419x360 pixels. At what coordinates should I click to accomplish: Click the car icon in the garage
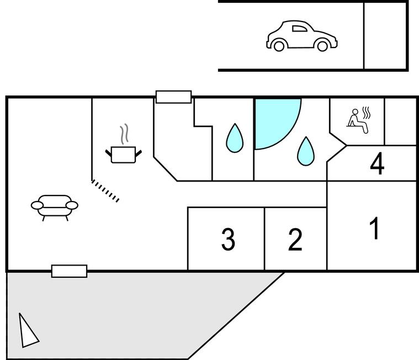[x=302, y=36]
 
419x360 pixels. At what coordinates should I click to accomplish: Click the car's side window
[x=299, y=29]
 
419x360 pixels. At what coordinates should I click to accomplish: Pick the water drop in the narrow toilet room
[x=234, y=138]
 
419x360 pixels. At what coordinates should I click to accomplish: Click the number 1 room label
[x=375, y=229]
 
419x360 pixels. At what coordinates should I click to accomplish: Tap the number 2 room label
[x=295, y=240]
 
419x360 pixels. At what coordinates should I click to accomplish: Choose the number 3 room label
[x=227, y=240]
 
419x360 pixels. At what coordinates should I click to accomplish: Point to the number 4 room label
[x=377, y=164]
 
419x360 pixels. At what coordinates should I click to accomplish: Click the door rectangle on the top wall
[x=173, y=97]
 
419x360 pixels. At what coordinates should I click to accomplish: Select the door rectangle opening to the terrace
[x=69, y=271]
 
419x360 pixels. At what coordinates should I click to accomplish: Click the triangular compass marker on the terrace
[x=26, y=331]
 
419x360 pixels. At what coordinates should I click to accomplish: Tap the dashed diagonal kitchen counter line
[x=105, y=190]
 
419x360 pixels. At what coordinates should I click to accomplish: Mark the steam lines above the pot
[x=125, y=133]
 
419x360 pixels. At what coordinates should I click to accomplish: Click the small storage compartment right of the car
[x=385, y=35]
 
